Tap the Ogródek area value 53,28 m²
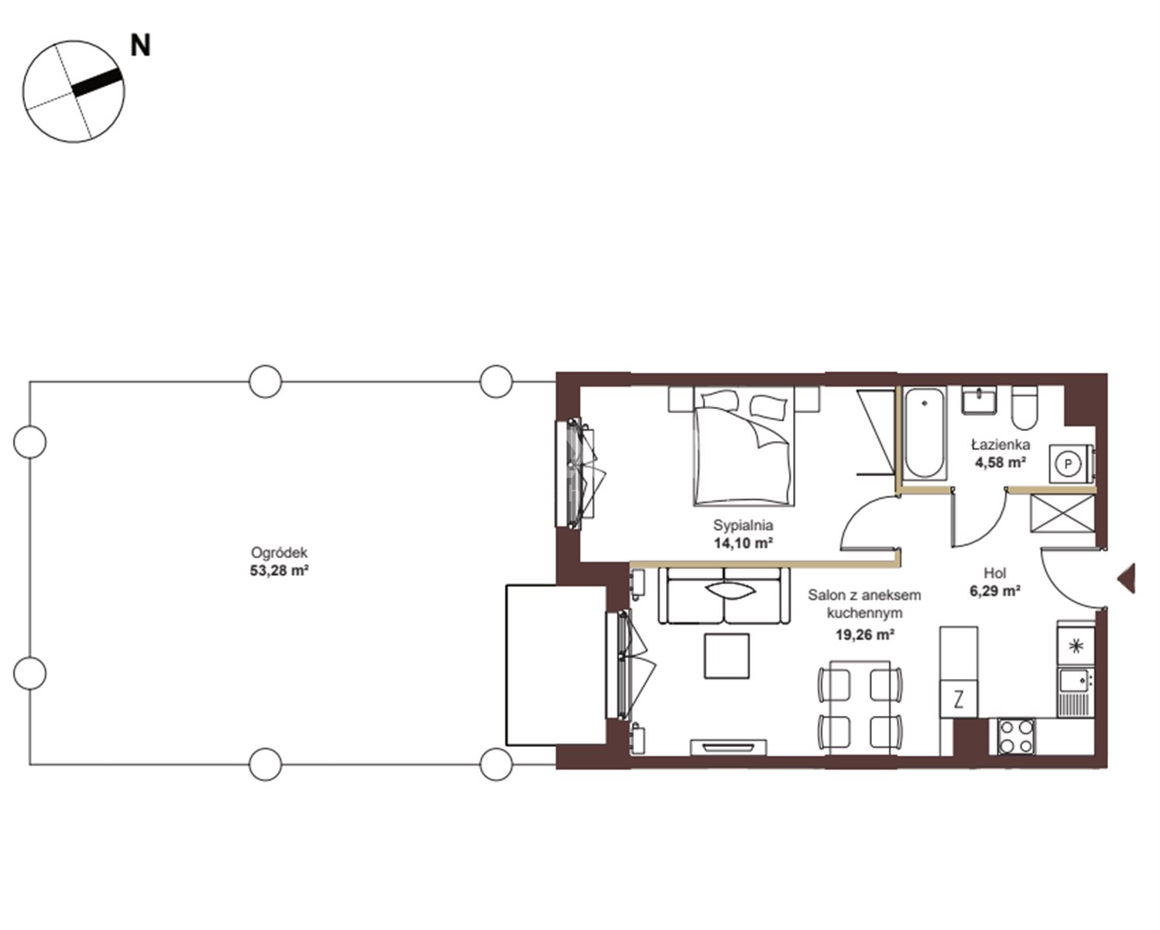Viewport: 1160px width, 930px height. (280, 570)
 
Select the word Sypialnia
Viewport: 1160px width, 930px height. (743, 525)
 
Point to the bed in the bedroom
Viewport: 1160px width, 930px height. (744, 446)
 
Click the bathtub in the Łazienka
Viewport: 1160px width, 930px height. (925, 432)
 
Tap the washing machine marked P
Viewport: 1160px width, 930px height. (1070, 463)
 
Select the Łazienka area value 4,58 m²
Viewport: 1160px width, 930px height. (1000, 462)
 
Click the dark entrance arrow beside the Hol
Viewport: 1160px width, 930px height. (1127, 578)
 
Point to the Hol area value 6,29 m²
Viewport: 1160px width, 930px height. (995, 591)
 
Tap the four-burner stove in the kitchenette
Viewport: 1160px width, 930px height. (1016, 736)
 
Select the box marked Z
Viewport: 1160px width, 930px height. (959, 700)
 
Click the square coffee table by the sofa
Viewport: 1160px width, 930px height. (726, 656)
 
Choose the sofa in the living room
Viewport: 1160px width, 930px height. (725, 595)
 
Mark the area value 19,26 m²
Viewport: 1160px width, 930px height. (865, 635)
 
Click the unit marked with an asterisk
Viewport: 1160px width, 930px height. (1076, 645)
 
